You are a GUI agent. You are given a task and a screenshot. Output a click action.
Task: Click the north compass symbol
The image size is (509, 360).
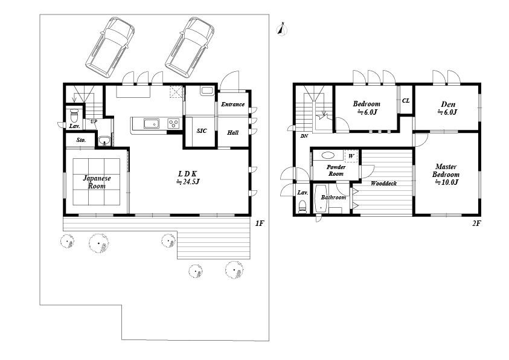(282, 29)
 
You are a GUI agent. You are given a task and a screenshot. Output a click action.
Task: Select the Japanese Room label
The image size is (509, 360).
(97, 182)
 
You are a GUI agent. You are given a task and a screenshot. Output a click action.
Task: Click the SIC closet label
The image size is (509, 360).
(202, 131)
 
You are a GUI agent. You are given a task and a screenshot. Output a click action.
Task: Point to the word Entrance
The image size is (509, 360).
(232, 104)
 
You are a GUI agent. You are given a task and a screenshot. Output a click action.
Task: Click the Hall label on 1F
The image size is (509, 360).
(232, 132)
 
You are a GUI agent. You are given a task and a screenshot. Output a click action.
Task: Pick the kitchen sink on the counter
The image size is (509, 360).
(152, 124)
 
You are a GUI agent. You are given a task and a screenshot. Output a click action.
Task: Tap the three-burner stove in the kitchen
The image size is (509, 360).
(173, 123)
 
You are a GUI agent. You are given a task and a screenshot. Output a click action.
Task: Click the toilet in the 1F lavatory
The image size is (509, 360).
(74, 114)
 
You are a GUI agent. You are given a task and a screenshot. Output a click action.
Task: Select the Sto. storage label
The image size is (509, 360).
(81, 140)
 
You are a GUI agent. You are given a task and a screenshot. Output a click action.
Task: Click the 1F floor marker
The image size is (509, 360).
(260, 223)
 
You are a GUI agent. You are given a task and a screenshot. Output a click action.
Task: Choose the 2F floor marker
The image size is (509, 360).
(476, 223)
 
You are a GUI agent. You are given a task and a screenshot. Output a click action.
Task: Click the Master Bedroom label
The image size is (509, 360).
(446, 175)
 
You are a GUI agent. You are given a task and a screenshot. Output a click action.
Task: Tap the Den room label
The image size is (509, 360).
(448, 108)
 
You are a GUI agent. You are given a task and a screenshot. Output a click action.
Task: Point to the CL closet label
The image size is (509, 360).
(406, 101)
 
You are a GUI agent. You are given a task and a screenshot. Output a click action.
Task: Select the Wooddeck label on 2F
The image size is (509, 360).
(383, 184)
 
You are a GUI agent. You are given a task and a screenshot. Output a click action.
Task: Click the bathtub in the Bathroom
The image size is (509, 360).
(321, 198)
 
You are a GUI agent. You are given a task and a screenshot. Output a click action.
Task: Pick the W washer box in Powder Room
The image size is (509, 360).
(351, 156)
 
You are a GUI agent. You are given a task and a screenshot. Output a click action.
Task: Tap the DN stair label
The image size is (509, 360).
(304, 136)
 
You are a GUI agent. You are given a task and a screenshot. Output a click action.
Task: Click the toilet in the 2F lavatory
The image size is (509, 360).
(303, 207)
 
